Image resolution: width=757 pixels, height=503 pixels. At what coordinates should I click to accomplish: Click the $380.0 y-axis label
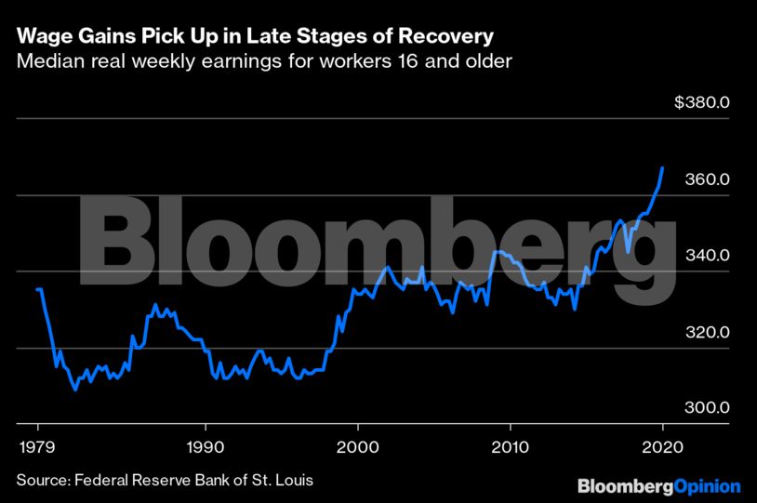[702, 102]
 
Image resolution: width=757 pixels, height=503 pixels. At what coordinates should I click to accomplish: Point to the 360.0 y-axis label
[706, 179]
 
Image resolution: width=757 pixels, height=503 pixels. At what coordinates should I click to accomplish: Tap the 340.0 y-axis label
[706, 256]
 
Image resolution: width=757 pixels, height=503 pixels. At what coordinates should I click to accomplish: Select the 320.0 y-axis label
[706, 332]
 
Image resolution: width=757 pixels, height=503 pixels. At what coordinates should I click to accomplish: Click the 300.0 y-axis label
[706, 408]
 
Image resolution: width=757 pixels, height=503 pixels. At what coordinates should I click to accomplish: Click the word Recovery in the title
[454, 38]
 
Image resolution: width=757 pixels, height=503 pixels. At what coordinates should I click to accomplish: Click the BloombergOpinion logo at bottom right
[658, 485]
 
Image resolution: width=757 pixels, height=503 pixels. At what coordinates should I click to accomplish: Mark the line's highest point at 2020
[662, 168]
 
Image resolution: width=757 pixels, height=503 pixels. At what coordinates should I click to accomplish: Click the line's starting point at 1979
[37, 289]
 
